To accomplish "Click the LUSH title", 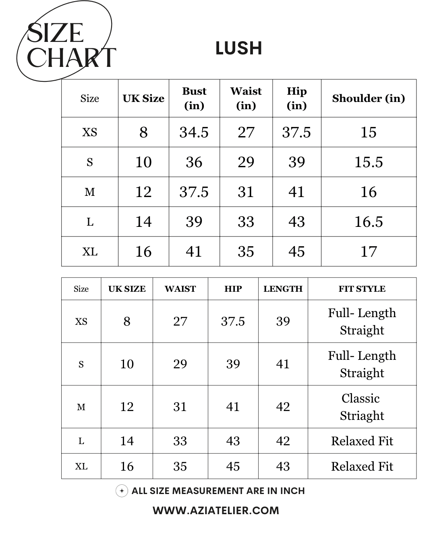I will pos(238,48).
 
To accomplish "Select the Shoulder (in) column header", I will pos(368,98).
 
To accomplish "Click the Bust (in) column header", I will pos(194,98).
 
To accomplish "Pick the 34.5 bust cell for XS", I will pos(194,132).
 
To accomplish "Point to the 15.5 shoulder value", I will pos(368,162).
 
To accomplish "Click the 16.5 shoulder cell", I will pos(368,222).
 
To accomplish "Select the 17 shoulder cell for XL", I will pos(368,251).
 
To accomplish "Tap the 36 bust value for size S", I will pos(194,162).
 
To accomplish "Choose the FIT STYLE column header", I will pos(362,289).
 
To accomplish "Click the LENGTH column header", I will pos(283,289).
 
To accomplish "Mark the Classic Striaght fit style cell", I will pos(362,407).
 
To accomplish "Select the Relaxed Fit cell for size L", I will pos(362,441).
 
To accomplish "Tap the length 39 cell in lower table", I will pos(283,321).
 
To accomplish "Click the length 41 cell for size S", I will pos(283,364).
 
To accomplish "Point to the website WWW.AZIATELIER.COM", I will pos(216,511).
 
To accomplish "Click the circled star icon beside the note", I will pos(122,491).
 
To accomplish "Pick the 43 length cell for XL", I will pos(283,466).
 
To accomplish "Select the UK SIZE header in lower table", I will pos(127,289).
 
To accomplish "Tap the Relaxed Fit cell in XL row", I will pos(362,466).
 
